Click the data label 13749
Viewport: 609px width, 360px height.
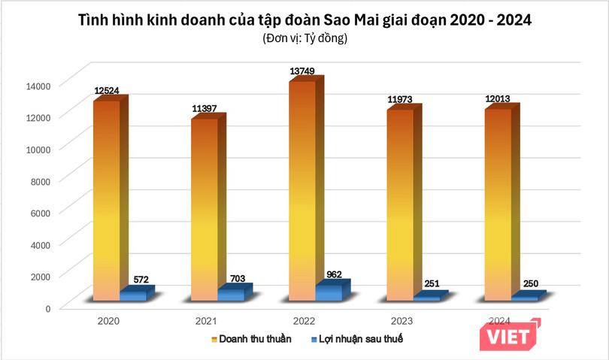(x=304, y=71)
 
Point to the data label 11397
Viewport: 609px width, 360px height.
(x=205, y=108)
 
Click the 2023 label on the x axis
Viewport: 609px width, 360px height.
(x=401, y=321)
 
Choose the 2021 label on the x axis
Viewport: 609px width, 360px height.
(x=205, y=321)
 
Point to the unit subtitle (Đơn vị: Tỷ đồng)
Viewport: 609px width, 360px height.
(x=304, y=38)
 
